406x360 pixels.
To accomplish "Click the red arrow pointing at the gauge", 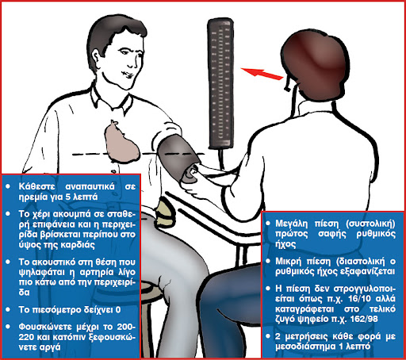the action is (x=262, y=74).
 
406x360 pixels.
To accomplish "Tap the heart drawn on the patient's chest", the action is (x=121, y=143).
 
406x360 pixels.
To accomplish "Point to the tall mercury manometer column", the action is (x=220, y=82).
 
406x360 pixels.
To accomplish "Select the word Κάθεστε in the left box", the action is (x=36, y=186).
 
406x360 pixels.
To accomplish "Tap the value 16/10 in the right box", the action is (x=358, y=299).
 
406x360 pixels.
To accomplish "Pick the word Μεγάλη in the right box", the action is (x=292, y=224).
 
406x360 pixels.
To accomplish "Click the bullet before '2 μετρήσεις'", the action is (x=268, y=336).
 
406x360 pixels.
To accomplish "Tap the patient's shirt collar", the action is (x=111, y=98).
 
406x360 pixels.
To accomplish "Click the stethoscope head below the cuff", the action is (x=190, y=175).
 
